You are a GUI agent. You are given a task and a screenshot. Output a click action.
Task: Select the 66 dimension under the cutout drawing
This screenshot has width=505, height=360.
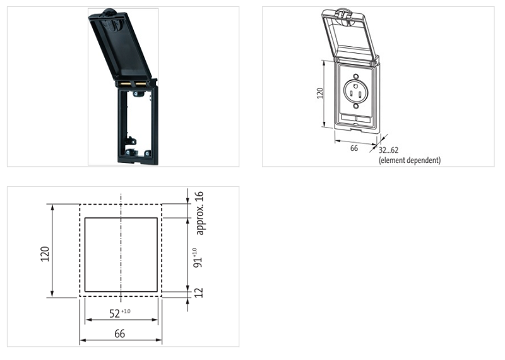(120, 332)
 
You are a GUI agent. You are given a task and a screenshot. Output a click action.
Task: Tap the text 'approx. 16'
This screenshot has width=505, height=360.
(200, 212)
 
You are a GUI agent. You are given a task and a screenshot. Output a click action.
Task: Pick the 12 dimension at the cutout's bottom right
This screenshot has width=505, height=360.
(200, 292)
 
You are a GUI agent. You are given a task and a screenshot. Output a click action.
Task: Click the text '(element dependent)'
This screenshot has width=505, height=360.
(409, 160)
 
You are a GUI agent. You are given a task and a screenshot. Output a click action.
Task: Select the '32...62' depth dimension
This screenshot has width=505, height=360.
(388, 150)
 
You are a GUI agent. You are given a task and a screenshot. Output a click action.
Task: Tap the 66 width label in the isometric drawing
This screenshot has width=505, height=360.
(353, 148)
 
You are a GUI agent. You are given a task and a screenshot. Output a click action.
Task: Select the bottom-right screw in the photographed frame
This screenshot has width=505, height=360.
(146, 153)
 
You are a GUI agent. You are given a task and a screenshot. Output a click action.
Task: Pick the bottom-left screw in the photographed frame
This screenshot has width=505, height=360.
(129, 152)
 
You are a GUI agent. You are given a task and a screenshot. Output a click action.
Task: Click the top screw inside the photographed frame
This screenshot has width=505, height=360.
(136, 95)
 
